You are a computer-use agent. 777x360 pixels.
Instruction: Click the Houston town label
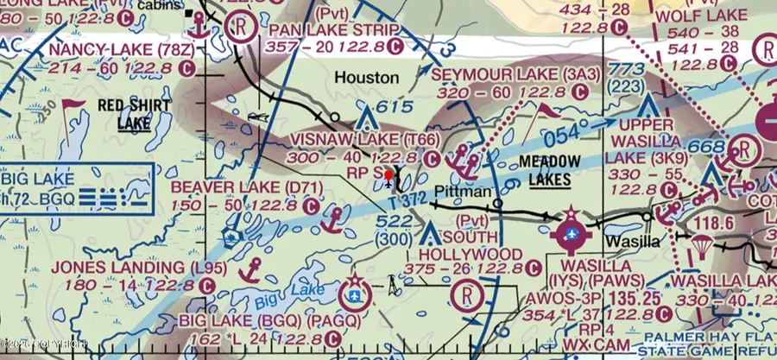(x=366, y=78)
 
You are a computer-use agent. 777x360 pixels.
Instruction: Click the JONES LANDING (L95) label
(x=132, y=268)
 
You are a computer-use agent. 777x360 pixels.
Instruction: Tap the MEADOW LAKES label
(x=546, y=170)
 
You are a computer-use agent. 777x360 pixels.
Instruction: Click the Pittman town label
(x=463, y=191)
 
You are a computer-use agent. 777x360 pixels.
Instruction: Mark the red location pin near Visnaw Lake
(x=390, y=179)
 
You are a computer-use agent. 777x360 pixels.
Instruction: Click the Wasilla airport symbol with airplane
(x=571, y=233)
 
